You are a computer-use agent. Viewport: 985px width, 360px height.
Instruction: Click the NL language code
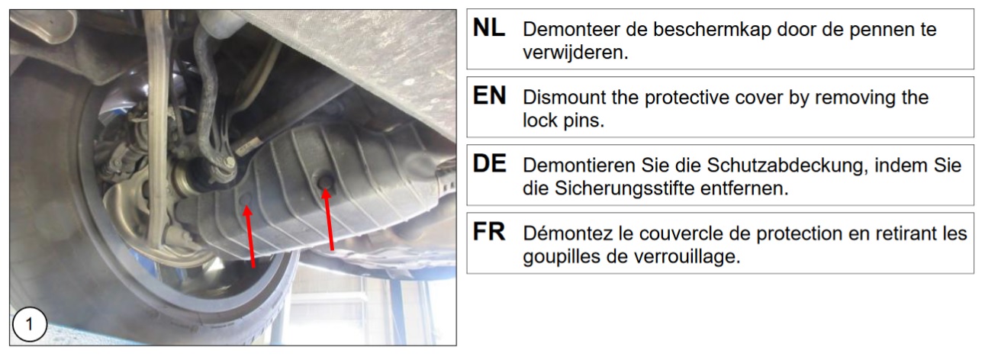click(489, 28)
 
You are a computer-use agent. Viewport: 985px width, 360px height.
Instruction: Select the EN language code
click(489, 96)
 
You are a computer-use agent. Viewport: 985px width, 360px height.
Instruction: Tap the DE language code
click(489, 164)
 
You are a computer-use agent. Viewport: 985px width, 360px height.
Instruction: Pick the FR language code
click(489, 232)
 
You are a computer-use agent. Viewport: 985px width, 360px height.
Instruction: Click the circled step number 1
click(30, 325)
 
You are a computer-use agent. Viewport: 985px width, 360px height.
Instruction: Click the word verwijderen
click(575, 53)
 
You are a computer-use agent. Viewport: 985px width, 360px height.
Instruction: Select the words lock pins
click(564, 121)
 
